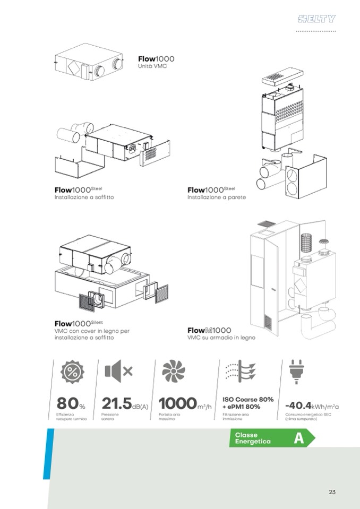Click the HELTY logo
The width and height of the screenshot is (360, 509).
coord(316,19)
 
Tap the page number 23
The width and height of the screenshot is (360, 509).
coord(332,492)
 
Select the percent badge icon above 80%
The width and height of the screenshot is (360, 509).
coord(72,372)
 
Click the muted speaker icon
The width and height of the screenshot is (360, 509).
coord(118,370)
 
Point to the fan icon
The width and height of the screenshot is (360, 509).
coord(174,370)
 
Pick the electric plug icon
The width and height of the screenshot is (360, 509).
coord(296,372)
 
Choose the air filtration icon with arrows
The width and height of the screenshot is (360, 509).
coord(241,370)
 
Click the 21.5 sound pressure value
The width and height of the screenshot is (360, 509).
coord(116,403)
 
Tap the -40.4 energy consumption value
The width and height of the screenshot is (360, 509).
coord(298,406)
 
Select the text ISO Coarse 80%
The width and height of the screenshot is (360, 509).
coord(248,399)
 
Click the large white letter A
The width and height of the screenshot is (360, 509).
coord(299,438)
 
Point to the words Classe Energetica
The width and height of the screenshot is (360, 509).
coord(248,438)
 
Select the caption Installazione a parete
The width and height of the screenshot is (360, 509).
coord(217,197)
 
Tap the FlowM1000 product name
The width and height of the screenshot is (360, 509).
coord(209,330)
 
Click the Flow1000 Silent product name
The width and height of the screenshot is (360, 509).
coord(79,323)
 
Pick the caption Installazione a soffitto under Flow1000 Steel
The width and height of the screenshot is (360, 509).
coord(84,197)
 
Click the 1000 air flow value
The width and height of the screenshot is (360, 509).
coord(177,403)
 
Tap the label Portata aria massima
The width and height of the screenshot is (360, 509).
coord(169,417)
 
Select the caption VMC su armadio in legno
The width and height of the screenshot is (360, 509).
coord(221,338)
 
